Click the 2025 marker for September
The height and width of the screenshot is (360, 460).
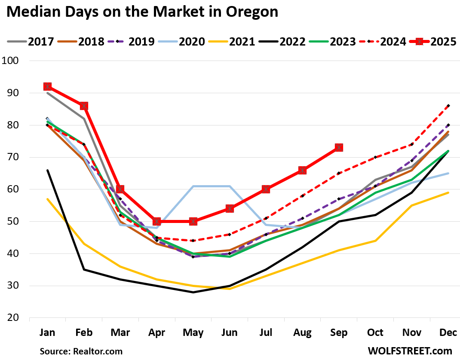[x=339, y=148]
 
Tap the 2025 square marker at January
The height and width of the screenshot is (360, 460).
[x=47, y=86]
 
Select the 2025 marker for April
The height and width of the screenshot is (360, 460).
[x=156, y=221]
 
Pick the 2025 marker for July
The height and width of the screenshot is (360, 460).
[x=266, y=189]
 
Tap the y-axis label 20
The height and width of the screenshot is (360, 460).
[x=14, y=318]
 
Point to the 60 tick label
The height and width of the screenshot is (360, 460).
[x=14, y=189]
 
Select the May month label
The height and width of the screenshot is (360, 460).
[x=193, y=333]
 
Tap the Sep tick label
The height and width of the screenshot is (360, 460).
[x=339, y=333]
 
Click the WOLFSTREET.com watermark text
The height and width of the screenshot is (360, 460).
[x=410, y=351]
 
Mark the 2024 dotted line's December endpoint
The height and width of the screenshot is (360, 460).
[x=448, y=106]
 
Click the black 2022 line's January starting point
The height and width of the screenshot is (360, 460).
[x=47, y=170]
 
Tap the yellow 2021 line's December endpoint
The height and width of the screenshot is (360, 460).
[x=448, y=192]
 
